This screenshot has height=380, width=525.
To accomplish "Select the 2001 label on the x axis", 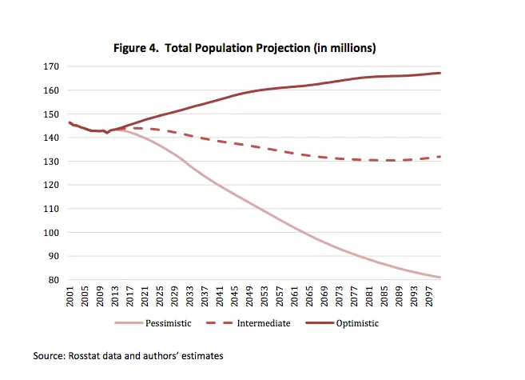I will pyautogui.click(x=70, y=298).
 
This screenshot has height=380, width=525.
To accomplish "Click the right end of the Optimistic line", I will pyautogui.click(x=440, y=73).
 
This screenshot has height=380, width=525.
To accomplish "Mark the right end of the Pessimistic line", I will pyautogui.click(x=440, y=278).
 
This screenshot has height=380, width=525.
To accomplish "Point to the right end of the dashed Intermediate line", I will pyautogui.click(x=440, y=157).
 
